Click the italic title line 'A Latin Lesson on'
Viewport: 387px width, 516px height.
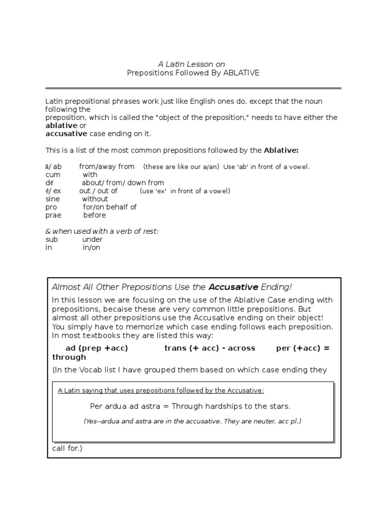pos(191,64)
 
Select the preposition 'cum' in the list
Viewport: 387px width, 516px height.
pos(53,175)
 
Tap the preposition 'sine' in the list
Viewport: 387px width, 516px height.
pos(52,199)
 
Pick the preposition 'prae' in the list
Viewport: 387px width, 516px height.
pos(53,215)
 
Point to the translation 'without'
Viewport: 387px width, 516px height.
pos(95,199)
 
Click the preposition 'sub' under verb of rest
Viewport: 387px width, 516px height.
pos(52,240)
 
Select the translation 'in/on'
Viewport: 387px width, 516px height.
pos(91,248)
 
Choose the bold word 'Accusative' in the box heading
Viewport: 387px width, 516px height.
pos(233,287)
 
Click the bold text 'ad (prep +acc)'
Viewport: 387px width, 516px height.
pos(97,348)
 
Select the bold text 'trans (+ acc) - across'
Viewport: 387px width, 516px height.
pos(210,348)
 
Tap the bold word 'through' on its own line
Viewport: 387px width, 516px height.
pos(69,357)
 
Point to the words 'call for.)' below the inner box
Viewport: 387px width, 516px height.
pos(67,448)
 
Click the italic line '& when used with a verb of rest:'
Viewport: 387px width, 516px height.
pos(102,231)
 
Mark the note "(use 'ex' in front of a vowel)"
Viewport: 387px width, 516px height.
pos(185,191)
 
